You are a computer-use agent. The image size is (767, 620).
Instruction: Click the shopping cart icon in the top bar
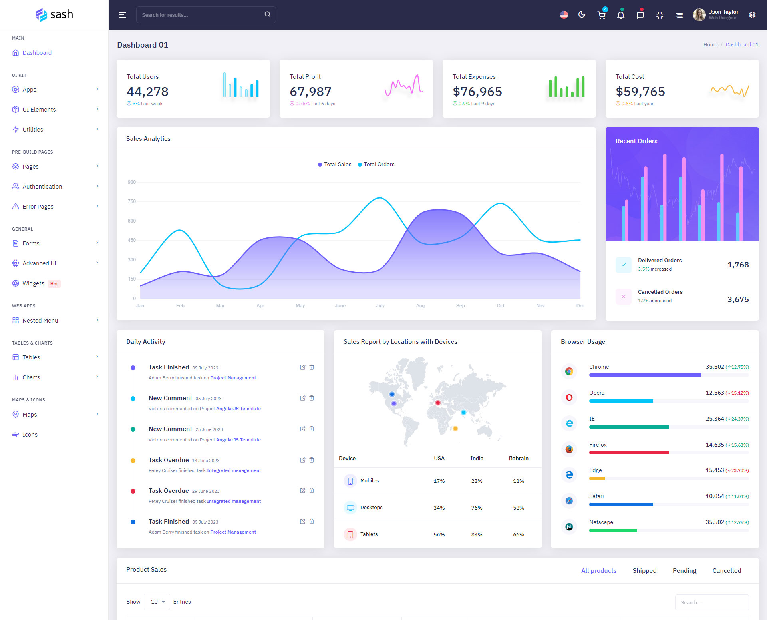click(x=601, y=15)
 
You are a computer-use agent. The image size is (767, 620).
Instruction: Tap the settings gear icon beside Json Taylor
click(x=752, y=15)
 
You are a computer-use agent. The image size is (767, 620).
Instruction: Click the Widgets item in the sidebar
click(x=33, y=283)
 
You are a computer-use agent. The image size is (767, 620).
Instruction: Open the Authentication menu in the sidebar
click(x=42, y=187)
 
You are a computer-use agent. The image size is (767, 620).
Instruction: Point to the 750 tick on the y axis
click(x=132, y=201)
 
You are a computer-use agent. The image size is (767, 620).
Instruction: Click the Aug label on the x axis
click(x=420, y=306)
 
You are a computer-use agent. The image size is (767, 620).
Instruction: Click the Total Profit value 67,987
click(x=310, y=92)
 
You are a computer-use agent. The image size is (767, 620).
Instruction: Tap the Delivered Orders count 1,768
click(x=738, y=265)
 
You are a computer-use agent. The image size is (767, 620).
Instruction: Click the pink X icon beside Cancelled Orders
click(x=623, y=297)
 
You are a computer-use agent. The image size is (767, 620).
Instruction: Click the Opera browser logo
click(x=569, y=397)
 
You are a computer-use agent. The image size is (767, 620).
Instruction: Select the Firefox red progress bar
click(x=629, y=453)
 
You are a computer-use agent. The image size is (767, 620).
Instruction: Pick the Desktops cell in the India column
click(x=477, y=508)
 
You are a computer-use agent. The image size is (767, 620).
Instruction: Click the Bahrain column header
click(x=518, y=458)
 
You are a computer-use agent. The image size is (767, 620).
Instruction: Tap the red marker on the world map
click(x=438, y=403)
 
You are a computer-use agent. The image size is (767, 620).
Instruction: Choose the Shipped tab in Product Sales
click(x=644, y=570)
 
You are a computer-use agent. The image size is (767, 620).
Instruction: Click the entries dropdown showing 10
click(x=157, y=602)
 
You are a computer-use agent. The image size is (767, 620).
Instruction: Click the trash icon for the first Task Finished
click(x=312, y=367)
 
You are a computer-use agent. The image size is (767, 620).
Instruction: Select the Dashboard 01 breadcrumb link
click(x=742, y=45)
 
